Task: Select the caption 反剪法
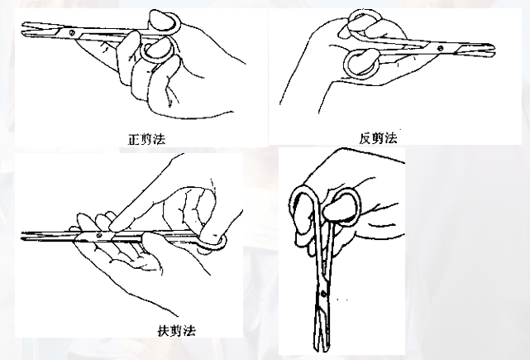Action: coord(379,137)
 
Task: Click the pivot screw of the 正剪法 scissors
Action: coord(73,32)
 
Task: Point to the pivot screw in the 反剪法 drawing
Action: coord(440,49)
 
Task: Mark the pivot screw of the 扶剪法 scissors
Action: coord(99,237)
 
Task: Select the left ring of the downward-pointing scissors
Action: coord(303,211)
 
